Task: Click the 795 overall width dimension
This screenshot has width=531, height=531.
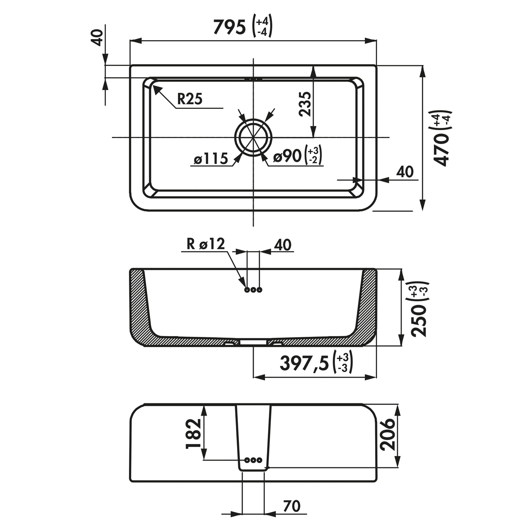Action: (x=229, y=28)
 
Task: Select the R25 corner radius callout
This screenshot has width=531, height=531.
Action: (x=190, y=99)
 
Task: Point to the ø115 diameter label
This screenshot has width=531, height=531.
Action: (x=211, y=159)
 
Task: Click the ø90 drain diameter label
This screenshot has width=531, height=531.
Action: (x=287, y=156)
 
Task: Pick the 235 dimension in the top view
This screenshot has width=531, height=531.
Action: (x=305, y=104)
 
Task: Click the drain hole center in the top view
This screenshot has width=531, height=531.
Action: (x=253, y=137)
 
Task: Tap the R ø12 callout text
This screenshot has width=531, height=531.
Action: (x=206, y=244)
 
